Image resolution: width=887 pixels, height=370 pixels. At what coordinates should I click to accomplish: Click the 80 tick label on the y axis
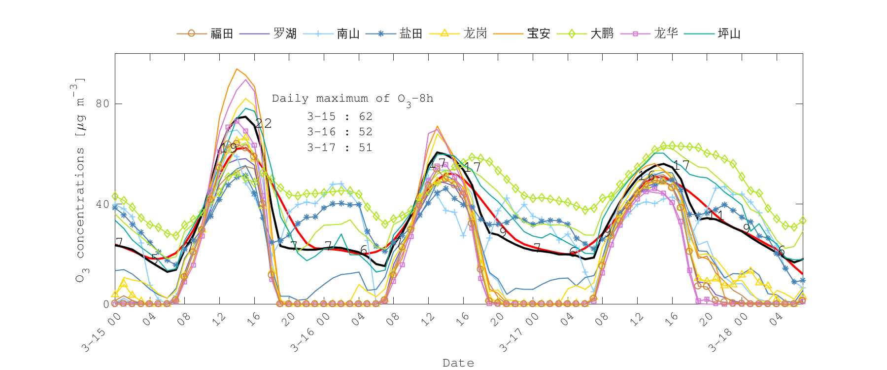102,104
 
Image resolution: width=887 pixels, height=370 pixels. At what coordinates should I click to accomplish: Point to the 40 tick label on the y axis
102,204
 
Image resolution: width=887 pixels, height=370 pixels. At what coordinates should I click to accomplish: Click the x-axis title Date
458,363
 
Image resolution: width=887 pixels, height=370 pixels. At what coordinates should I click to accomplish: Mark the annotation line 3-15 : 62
340,116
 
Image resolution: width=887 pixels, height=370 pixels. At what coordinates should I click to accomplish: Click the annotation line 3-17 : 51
340,148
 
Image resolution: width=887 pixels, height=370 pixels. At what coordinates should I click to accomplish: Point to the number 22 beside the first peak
263,123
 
